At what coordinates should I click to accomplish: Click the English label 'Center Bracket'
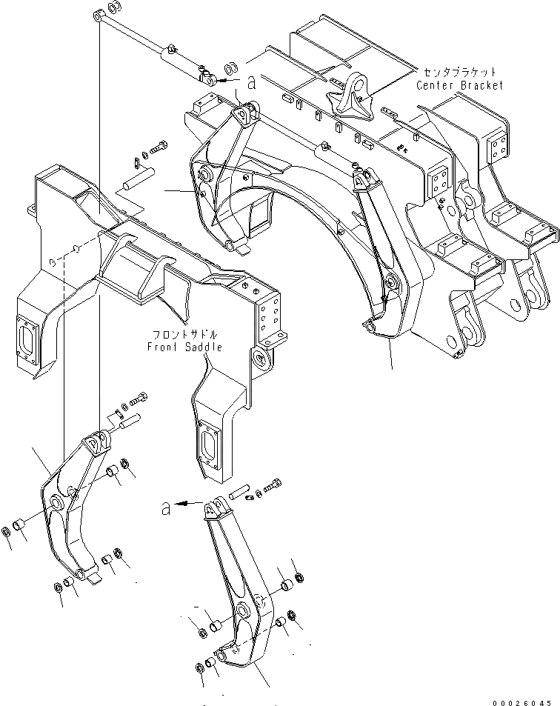(x=459, y=86)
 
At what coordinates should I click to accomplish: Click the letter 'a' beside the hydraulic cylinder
(x=251, y=84)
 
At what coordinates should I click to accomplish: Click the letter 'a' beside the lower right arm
(x=167, y=508)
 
